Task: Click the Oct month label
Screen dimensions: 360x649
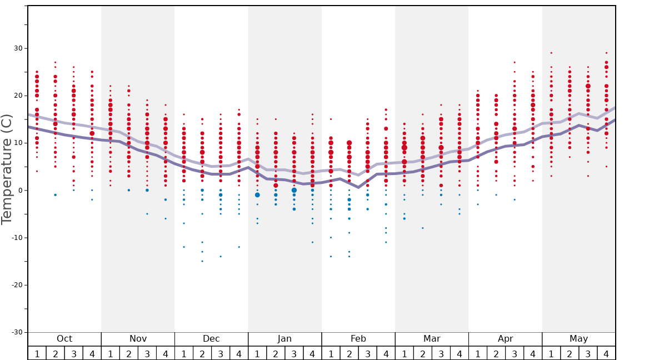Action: (64, 339)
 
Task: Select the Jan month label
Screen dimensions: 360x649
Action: (284, 339)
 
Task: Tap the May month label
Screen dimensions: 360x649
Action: (578, 339)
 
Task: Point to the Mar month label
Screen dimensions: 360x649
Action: (432, 339)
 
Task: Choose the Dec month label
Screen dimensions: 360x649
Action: (211, 339)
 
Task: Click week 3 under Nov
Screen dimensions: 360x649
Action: (147, 354)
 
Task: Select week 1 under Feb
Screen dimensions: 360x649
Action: (331, 354)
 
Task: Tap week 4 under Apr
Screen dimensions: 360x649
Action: (532, 354)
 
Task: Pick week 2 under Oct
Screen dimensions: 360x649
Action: (56, 354)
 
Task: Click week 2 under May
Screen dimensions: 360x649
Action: (570, 354)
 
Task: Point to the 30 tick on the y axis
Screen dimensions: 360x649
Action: (18, 48)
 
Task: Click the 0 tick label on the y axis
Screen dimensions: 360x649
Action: (21, 191)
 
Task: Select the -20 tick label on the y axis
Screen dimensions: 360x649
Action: (16, 285)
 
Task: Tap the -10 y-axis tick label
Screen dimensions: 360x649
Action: (16, 238)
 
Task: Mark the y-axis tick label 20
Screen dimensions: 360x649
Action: (18, 96)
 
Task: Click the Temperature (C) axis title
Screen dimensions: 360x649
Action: (7, 169)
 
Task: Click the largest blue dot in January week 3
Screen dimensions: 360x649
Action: (294, 190)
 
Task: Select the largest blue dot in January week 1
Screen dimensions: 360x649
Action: (257, 195)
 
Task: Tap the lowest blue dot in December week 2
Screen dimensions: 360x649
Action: (202, 261)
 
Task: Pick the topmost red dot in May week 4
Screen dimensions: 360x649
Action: (606, 53)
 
